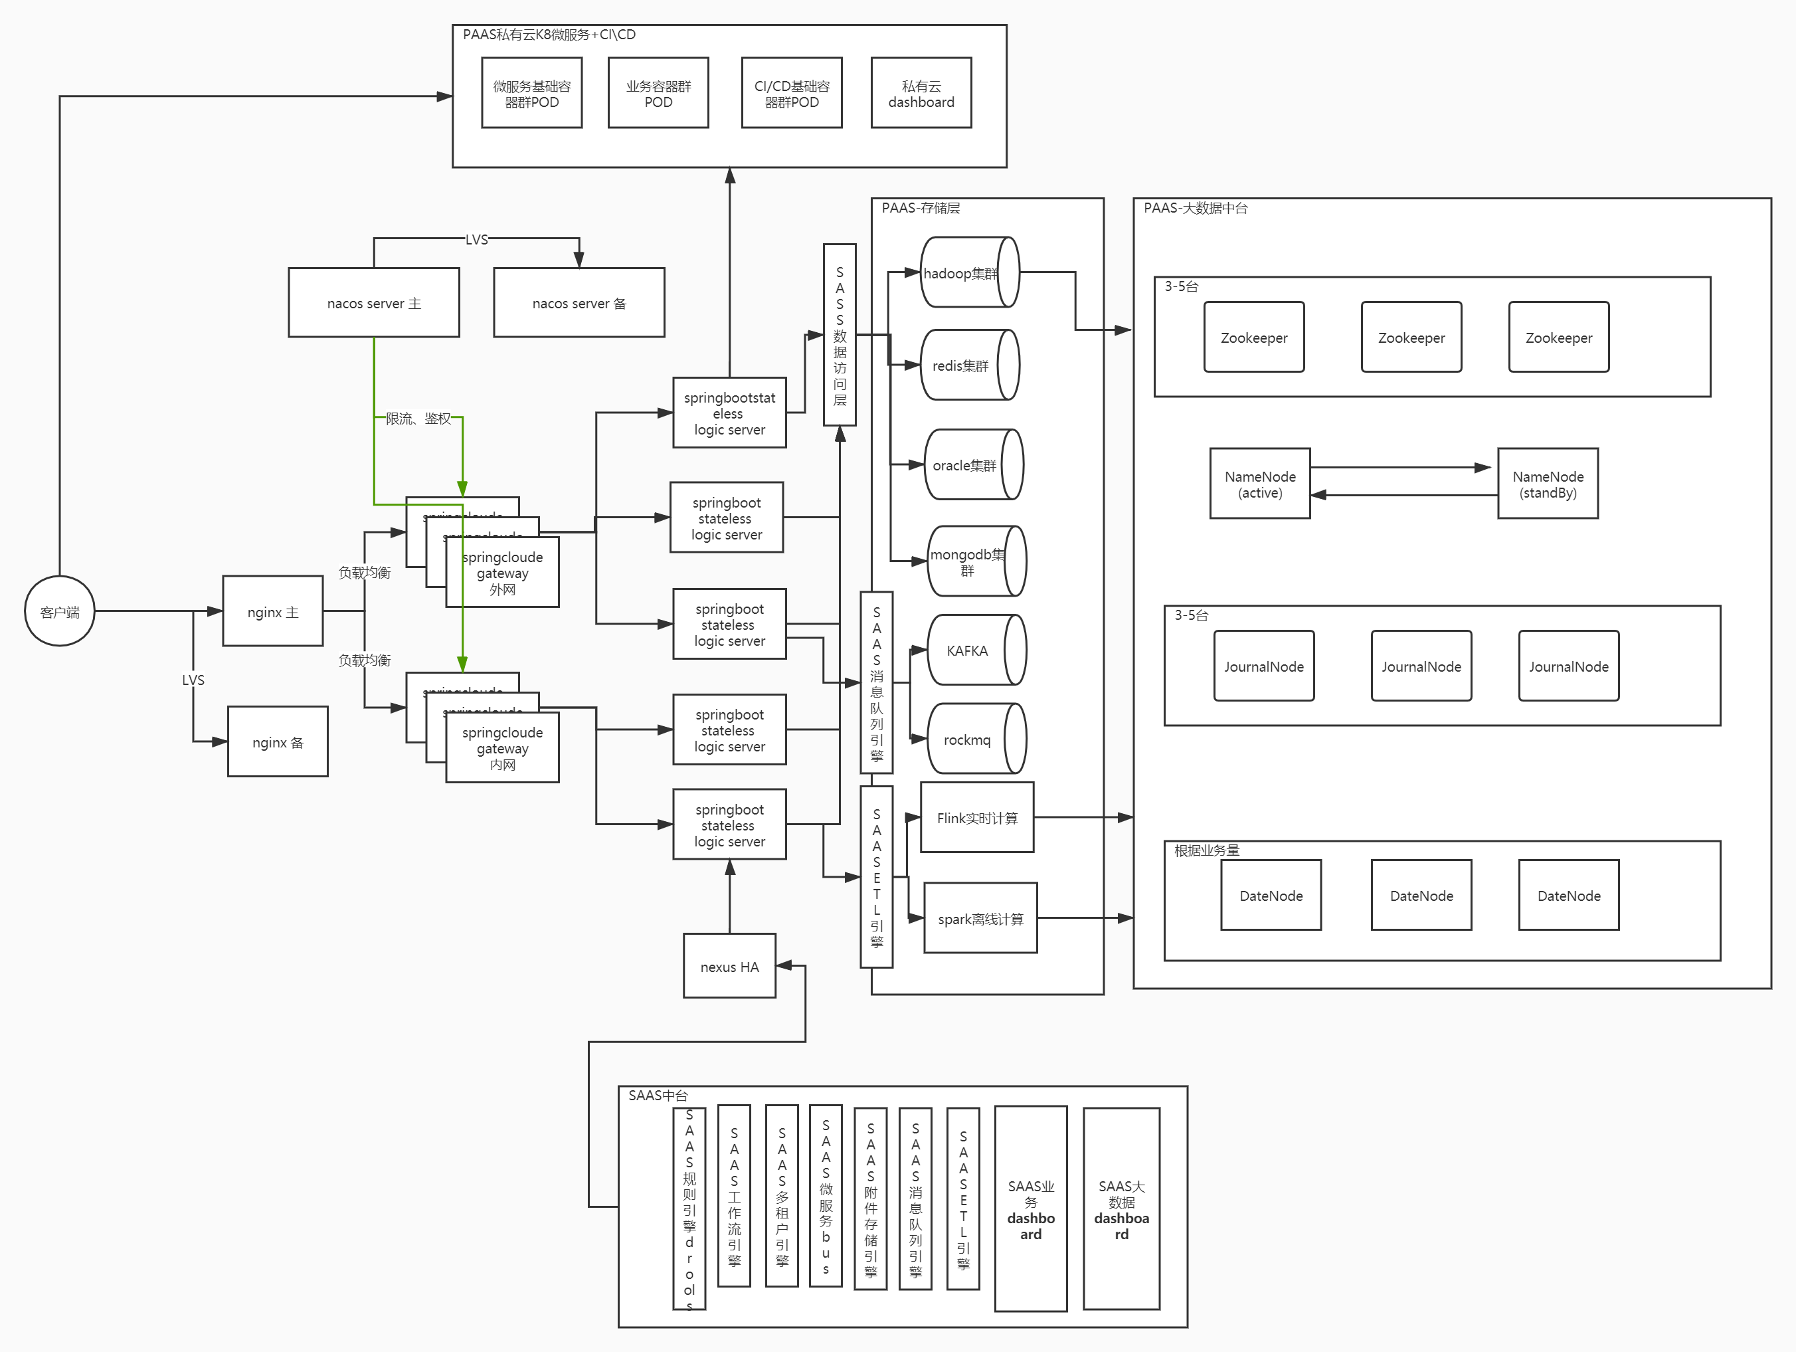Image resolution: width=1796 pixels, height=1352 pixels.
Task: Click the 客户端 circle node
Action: pyautogui.click(x=59, y=611)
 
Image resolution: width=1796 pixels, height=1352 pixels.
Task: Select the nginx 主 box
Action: pyautogui.click(x=273, y=611)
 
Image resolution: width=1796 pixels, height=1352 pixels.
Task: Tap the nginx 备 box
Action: pyautogui.click(x=278, y=742)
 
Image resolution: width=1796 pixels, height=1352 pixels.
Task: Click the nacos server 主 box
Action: pyautogui.click(x=373, y=303)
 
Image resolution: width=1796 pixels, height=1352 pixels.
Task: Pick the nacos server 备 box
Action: pyautogui.click(x=579, y=303)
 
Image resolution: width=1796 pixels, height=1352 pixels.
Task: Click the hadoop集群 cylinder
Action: pyautogui.click(x=968, y=273)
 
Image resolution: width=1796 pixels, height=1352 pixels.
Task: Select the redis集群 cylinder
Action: pyautogui.click(x=968, y=365)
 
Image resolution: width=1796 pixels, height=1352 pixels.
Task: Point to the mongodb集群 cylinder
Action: pyautogui.click(x=974, y=561)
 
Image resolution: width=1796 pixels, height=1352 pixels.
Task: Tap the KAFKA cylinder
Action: pyautogui.click(x=974, y=650)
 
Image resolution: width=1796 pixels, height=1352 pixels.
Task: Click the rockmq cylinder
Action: pyautogui.click(x=974, y=739)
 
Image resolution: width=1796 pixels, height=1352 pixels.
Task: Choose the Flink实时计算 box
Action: pyautogui.click(x=977, y=818)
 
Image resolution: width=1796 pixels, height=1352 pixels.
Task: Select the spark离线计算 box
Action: pyautogui.click(x=980, y=918)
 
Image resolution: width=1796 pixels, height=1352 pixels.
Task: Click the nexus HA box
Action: pyautogui.click(x=729, y=966)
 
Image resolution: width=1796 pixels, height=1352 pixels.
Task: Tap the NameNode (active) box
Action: pyautogui.click(x=1259, y=484)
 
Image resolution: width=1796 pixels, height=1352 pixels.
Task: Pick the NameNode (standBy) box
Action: pyautogui.click(x=1548, y=484)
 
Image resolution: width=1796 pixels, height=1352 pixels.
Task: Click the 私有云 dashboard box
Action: pyautogui.click(x=921, y=94)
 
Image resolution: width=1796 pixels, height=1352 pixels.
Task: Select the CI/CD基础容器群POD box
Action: pyautogui.click(x=792, y=94)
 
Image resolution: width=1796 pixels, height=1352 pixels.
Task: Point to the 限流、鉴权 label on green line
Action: pyautogui.click(x=418, y=418)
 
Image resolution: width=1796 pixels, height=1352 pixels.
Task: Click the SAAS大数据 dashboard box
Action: pyautogui.click(x=1121, y=1209)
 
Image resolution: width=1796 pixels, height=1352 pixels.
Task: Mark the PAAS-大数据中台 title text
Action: pyautogui.click(x=1195, y=208)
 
